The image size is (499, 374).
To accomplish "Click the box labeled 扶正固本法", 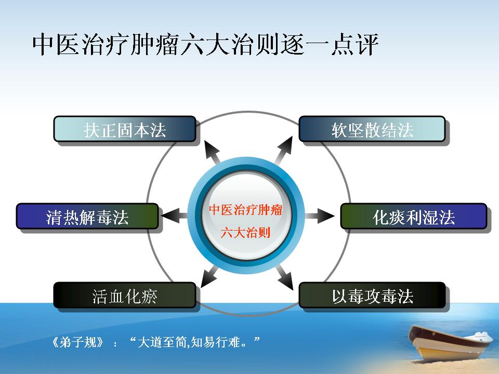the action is pos(125,129).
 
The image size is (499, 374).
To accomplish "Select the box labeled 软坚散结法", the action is pos(372,129).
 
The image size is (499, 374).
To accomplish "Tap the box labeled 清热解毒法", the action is pos(87,216).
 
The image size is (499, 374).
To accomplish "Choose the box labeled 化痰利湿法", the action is pos(414,216).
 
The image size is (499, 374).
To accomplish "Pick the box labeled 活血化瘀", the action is pos(125,295).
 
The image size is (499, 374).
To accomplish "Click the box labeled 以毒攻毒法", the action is pos(372,295).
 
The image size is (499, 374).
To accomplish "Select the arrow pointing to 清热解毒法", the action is pos(175,216).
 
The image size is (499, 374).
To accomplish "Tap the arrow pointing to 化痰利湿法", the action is pos(320,216).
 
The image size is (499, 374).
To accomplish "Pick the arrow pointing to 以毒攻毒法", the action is pos(285,277).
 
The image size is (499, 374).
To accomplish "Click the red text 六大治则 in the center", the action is pos(245,233).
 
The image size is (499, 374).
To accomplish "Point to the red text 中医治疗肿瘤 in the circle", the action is pos(246,210).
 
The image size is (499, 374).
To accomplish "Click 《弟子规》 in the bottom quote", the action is pos(77,342).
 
